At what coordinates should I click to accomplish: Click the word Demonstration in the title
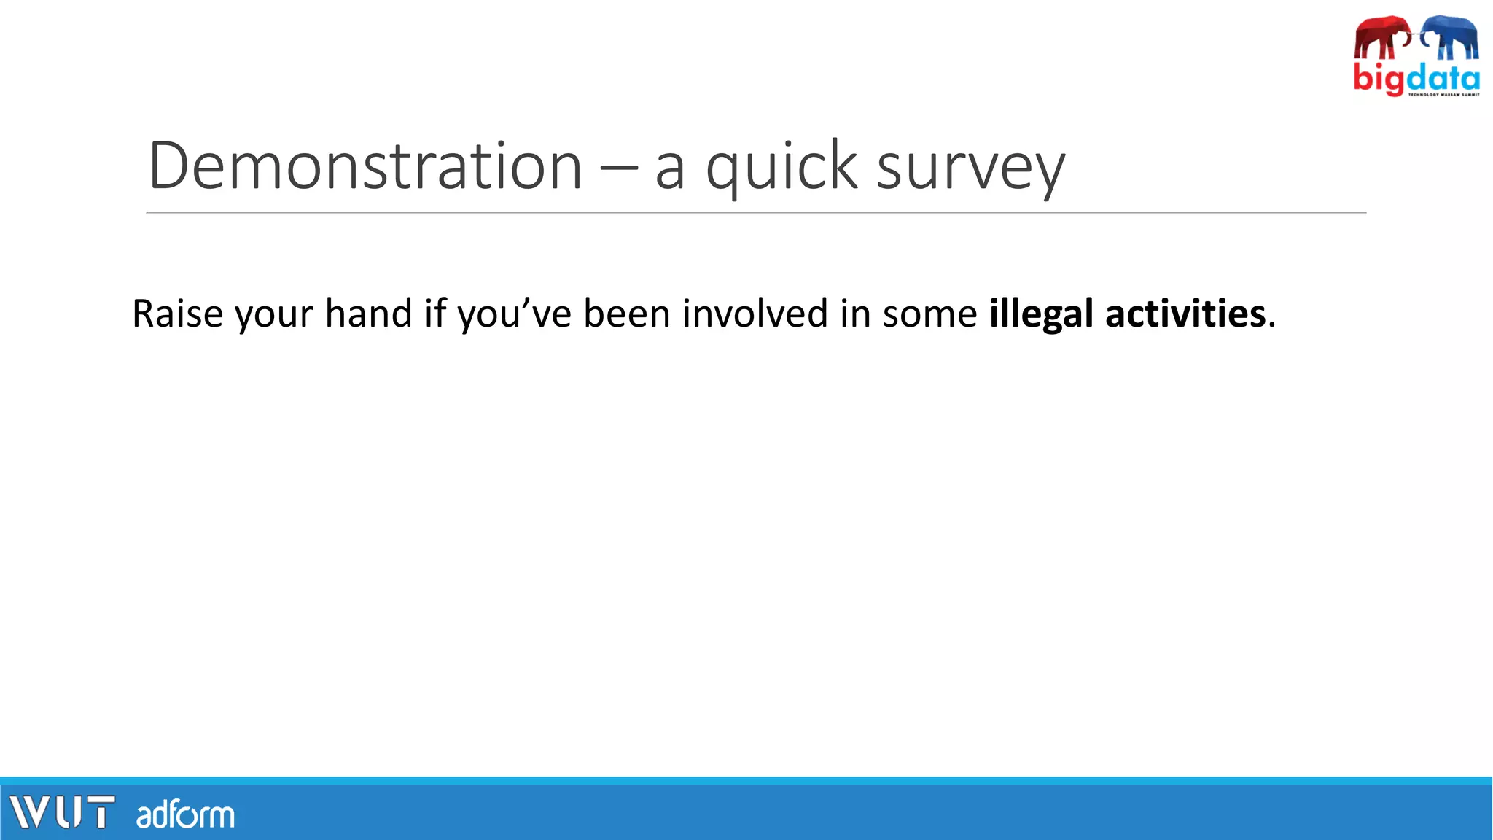[x=365, y=166]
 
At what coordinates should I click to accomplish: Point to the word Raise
[x=177, y=314]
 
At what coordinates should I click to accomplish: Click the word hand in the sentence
[x=368, y=314]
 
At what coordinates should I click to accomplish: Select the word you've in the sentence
[x=514, y=315]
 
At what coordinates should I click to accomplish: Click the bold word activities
[x=1185, y=314]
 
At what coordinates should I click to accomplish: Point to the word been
[x=626, y=314]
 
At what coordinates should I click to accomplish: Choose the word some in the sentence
[x=929, y=315]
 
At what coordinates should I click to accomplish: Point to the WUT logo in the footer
[x=62, y=812]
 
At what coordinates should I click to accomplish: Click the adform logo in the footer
[x=185, y=814]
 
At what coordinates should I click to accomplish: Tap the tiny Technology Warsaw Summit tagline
[x=1443, y=94]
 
